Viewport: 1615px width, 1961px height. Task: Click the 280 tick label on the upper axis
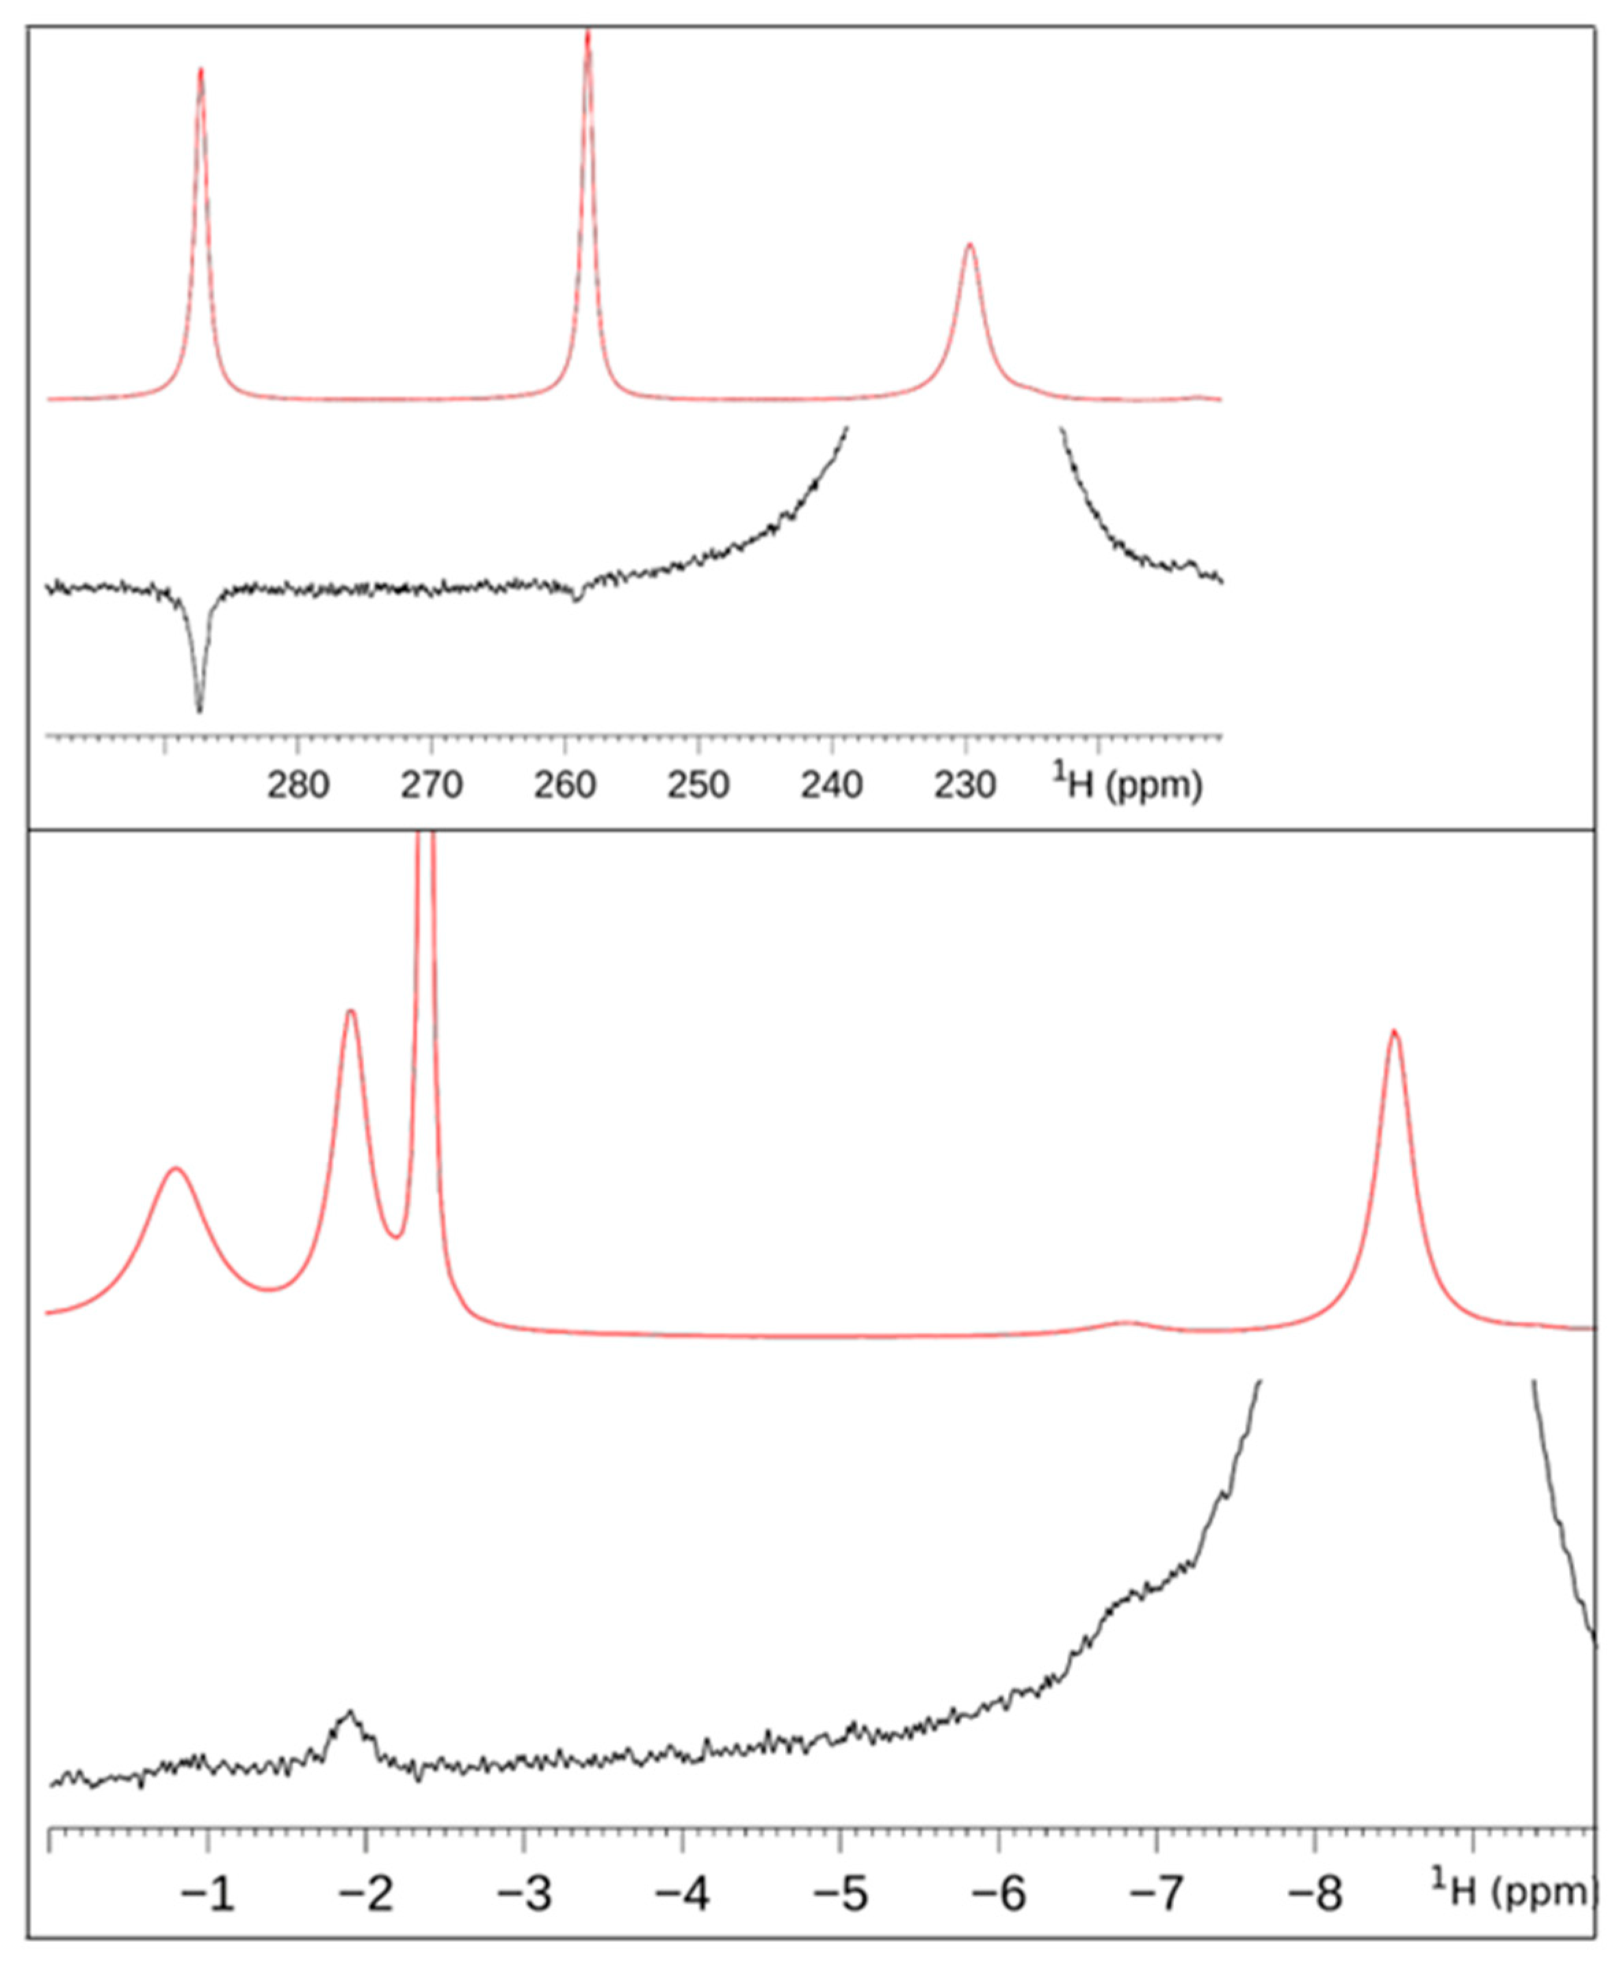298,786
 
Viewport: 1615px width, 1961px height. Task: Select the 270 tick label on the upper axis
432,786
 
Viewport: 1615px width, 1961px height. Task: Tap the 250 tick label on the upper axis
698,786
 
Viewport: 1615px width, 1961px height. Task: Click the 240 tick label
832,786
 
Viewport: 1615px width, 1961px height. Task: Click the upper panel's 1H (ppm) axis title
1127,785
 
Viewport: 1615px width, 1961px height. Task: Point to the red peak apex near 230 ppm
969,245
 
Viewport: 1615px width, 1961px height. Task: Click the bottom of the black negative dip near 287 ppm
199,711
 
